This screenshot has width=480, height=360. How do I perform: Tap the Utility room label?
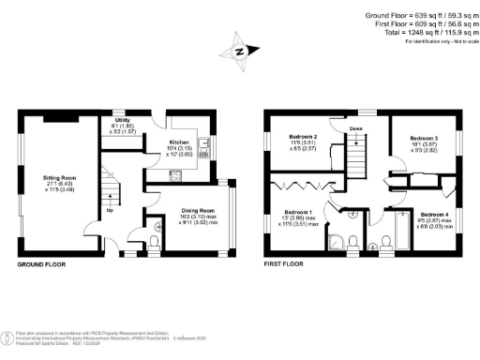121,121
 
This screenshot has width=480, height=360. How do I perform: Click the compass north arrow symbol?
240,53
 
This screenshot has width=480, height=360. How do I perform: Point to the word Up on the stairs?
111,210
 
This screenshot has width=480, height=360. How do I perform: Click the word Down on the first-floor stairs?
356,128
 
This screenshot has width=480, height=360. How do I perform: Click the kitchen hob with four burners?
174,174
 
